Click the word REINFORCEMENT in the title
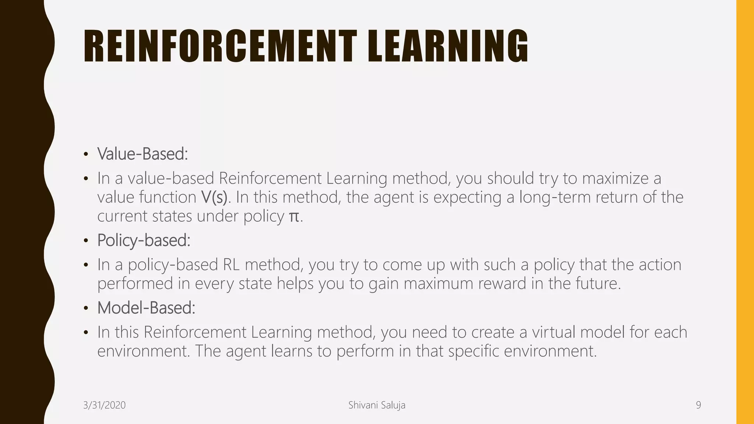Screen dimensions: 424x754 [220, 46]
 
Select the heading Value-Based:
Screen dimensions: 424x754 [142, 154]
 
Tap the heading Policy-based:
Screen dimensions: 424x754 [144, 240]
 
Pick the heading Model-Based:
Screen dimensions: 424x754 [146, 308]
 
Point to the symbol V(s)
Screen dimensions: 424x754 [214, 197]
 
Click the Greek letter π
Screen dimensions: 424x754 [294, 216]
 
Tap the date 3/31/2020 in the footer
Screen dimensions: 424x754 [105, 405]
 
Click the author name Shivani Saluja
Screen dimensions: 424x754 [377, 405]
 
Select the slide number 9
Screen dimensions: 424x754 [698, 405]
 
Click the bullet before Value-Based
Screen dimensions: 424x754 [86, 154]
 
